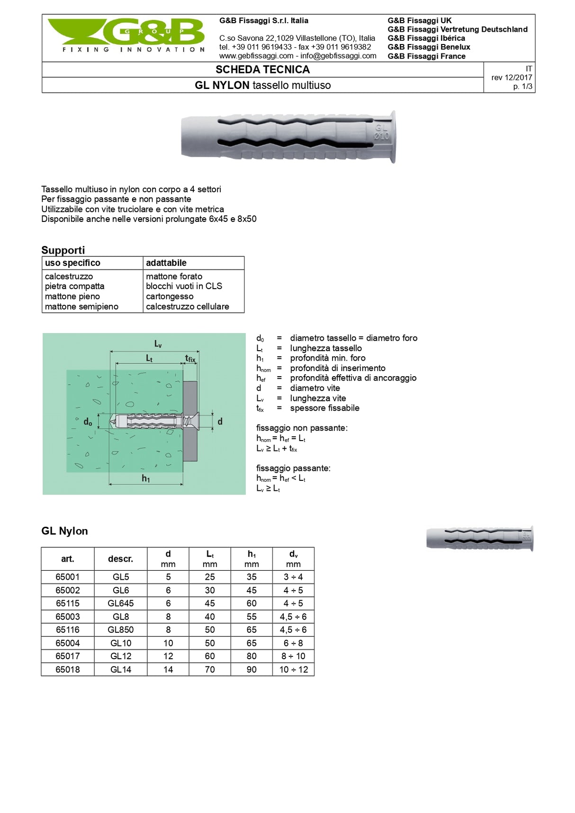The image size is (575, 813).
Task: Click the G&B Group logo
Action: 126,35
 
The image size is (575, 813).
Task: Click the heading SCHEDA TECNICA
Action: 262,70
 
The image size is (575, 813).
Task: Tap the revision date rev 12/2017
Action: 512,78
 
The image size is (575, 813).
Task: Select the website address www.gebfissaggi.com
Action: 256,56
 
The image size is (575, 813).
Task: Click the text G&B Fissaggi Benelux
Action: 429,47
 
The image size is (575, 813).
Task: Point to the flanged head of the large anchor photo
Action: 392,137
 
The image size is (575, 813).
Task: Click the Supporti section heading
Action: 63,250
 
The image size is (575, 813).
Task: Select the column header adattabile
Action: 166,263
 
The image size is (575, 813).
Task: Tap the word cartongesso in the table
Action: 170,296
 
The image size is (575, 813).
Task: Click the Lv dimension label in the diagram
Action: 158,344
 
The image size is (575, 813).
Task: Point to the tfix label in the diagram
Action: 190,359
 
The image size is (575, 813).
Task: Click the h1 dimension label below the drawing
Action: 146,478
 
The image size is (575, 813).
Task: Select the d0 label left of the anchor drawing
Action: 88,422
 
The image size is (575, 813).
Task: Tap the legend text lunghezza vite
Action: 318,398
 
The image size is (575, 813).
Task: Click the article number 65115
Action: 68,603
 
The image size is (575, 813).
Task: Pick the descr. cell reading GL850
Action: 121,630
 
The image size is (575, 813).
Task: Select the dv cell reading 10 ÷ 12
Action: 293,670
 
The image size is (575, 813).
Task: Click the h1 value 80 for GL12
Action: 252,656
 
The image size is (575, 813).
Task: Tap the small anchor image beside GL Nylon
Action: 479,538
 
